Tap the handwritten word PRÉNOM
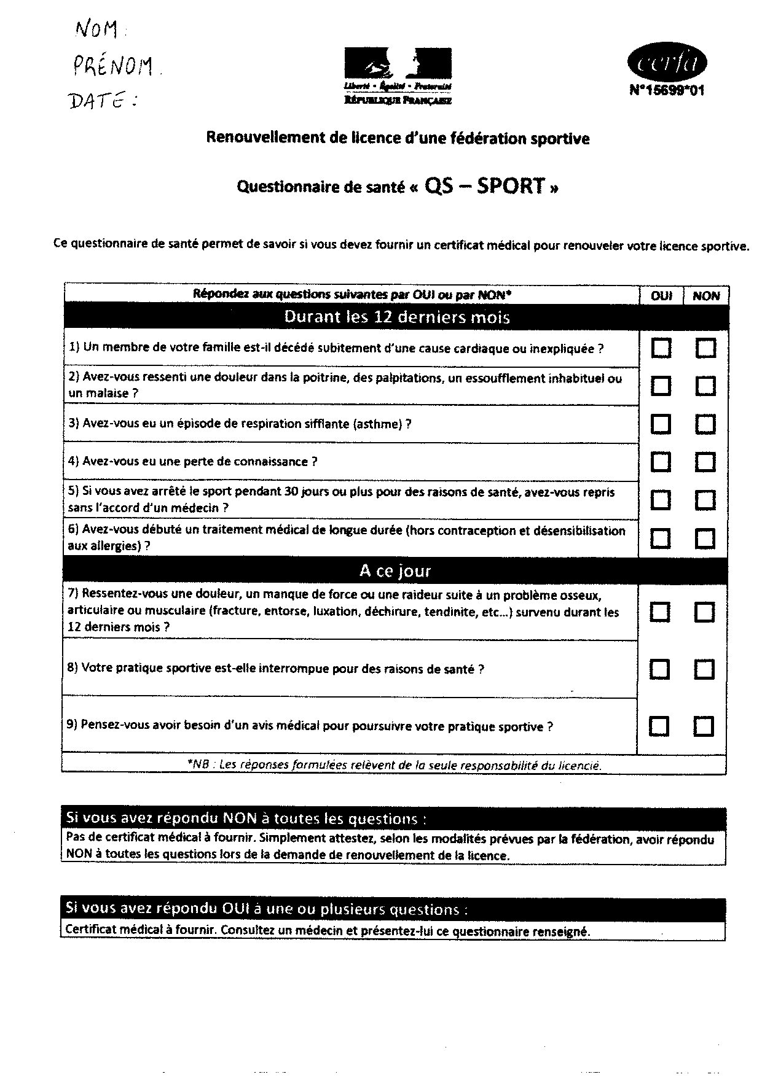112,64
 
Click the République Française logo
398,75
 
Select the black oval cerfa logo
667,63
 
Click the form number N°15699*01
667,91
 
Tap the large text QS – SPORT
485,185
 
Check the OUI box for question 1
661,349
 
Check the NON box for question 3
705,424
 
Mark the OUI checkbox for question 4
661,462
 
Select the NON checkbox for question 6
705,538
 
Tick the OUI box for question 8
660,669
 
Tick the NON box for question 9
704,726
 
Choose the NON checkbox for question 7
705,612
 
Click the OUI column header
661,296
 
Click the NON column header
706,296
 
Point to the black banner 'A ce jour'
395,571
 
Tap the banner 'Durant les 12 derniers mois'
396,317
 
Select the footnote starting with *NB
394,765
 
